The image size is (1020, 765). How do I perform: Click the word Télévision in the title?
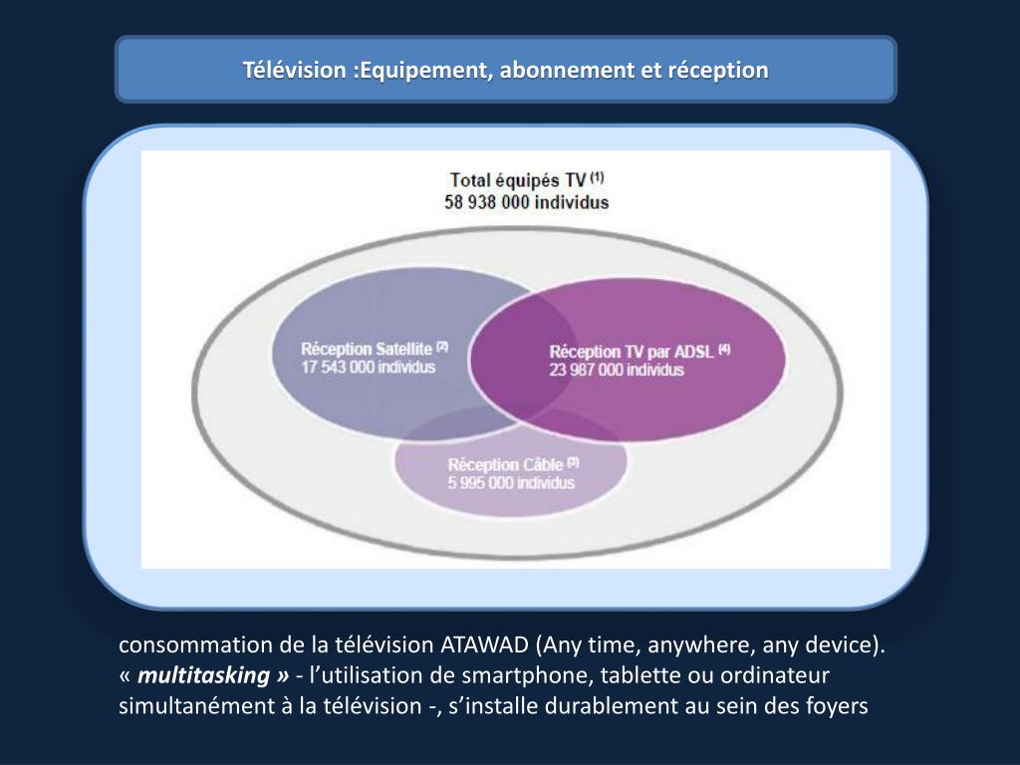tap(295, 71)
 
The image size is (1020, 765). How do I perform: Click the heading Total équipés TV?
tap(518, 180)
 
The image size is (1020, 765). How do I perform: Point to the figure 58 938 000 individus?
tap(526, 201)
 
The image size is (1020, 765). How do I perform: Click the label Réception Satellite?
tap(367, 350)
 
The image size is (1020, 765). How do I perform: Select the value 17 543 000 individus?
tap(368, 367)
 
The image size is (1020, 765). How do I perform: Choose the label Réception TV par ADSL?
tap(632, 352)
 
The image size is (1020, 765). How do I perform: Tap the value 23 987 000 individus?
tap(617, 370)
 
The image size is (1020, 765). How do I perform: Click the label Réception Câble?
tap(505, 465)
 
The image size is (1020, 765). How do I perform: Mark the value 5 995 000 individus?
tap(511, 483)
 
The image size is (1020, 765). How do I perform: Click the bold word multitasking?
tap(204, 675)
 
